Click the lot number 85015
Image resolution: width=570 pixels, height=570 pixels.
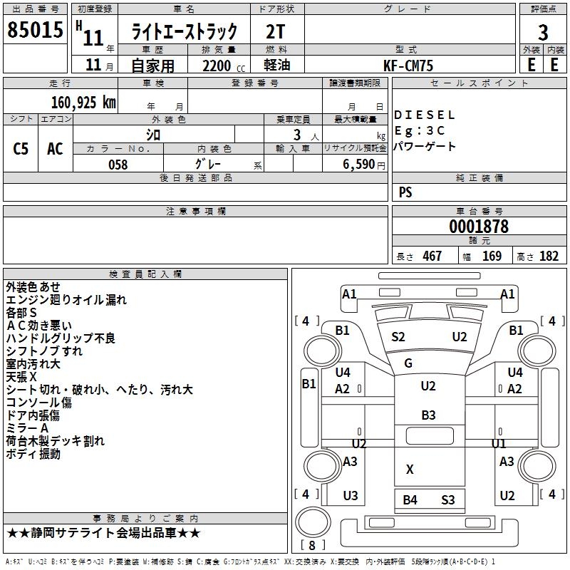35,31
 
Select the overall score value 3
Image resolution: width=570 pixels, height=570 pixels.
543,32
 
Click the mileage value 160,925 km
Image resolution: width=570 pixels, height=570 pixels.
83,102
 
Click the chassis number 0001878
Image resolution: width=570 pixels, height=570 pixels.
479,227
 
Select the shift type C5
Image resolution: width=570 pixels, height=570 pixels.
21,149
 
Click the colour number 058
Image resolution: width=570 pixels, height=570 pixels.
118,165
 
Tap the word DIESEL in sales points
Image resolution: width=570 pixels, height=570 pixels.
424,115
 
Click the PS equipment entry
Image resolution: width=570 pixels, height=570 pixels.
405,192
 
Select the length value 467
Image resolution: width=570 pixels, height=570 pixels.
432,256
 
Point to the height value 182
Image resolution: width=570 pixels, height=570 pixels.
549,256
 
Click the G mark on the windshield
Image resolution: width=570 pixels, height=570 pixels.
408,363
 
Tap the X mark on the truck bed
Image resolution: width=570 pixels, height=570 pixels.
410,470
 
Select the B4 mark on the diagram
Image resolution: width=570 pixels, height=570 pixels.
410,499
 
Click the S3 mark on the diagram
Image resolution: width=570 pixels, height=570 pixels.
447,499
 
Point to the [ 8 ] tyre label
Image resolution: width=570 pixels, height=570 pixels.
312,546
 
